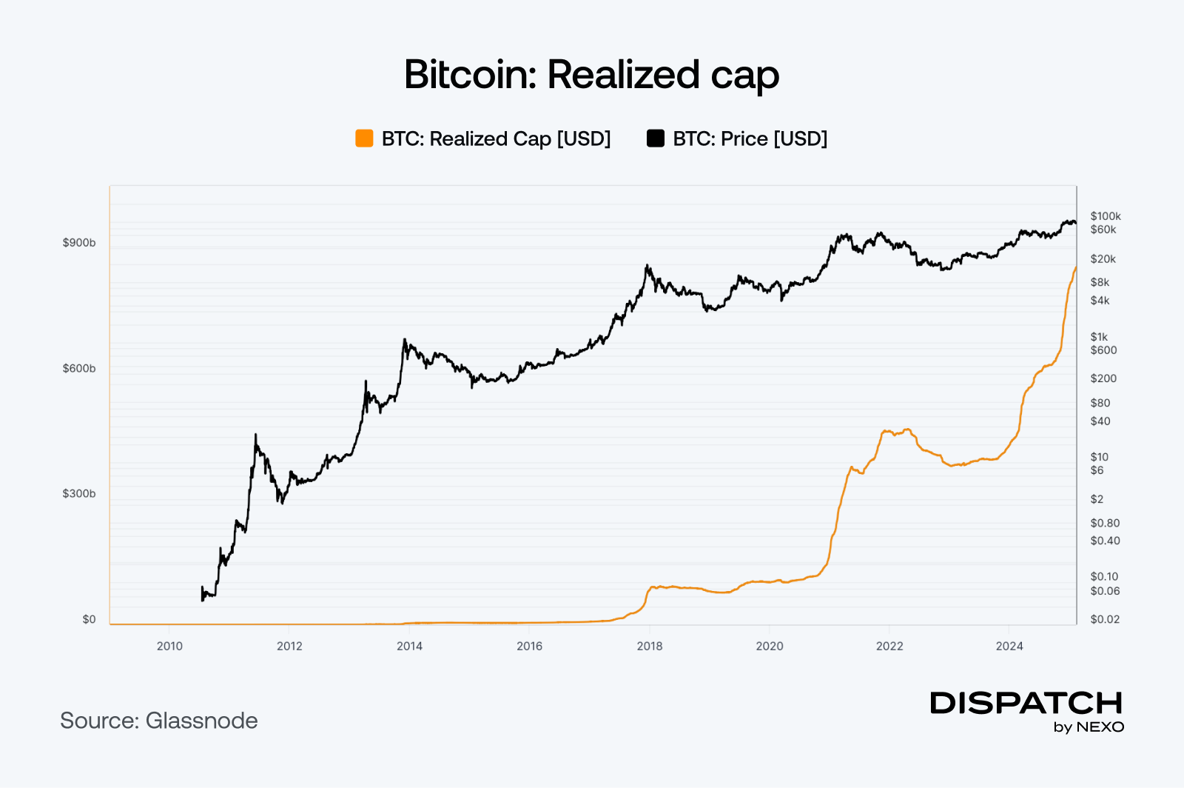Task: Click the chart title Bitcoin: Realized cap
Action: coord(591,75)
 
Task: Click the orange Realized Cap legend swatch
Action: coord(364,138)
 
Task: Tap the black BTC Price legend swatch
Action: coord(656,138)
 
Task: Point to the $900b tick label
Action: coord(79,243)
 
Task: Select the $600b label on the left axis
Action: coord(79,368)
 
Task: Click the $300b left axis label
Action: coord(79,494)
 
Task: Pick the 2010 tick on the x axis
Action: coord(169,646)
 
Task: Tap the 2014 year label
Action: coord(409,646)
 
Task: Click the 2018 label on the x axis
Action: coord(650,646)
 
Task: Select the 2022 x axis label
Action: coord(889,646)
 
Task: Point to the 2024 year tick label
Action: coord(1009,646)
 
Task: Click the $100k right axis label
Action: coord(1106,216)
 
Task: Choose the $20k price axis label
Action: coord(1103,259)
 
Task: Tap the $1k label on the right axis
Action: coord(1099,337)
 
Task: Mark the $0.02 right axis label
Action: coord(1105,619)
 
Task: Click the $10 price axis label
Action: coord(1099,457)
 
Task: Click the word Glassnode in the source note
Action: coord(201,721)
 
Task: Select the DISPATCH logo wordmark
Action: coord(1026,703)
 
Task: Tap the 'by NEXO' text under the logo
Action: coord(1089,727)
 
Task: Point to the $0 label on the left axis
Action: coord(89,619)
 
